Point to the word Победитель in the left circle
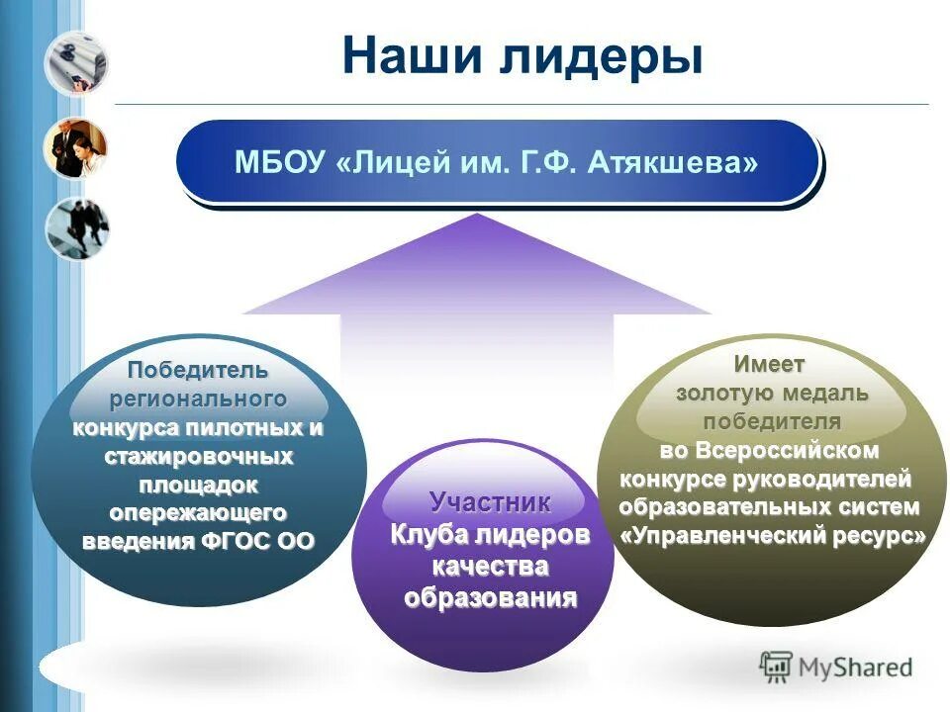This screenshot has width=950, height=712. tap(197, 371)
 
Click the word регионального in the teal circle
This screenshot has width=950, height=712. tap(197, 400)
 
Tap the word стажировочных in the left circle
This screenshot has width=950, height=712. tap(198, 457)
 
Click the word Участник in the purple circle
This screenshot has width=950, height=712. tap(490, 501)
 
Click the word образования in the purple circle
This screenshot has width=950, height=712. tap(490, 599)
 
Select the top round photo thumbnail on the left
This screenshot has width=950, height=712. tap(76, 63)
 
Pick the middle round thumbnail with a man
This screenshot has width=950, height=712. tap(75, 148)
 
